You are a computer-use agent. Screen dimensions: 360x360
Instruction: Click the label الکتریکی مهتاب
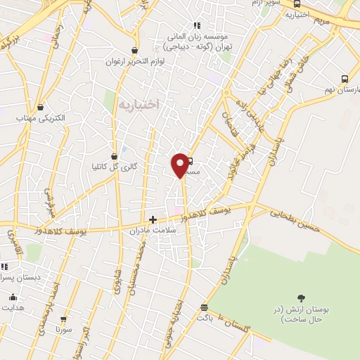coord(41,119)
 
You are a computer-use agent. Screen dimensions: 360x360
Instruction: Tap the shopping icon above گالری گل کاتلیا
coord(114,156)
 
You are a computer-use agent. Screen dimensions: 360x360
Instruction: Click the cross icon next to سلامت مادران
coord(153,219)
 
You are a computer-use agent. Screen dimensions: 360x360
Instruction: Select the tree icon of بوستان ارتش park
coord(302,298)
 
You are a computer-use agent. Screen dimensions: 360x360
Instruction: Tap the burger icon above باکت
coord(204,307)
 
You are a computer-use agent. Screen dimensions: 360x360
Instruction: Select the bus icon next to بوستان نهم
coord(345,79)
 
